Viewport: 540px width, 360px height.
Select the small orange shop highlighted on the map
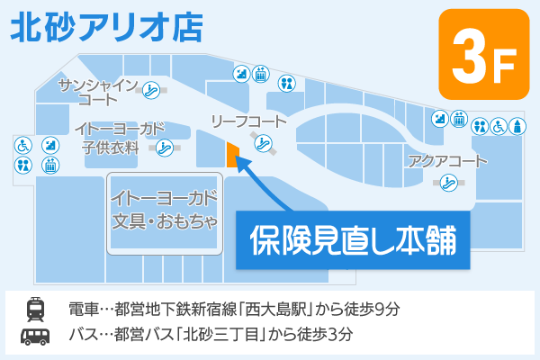pyautogui.click(x=231, y=155)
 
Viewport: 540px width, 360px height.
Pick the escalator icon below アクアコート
pyautogui.click(x=447, y=183)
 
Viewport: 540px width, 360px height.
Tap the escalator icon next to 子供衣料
pyautogui.click(x=164, y=147)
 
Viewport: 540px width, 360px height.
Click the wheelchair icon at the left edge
pyautogui.click(x=22, y=143)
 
